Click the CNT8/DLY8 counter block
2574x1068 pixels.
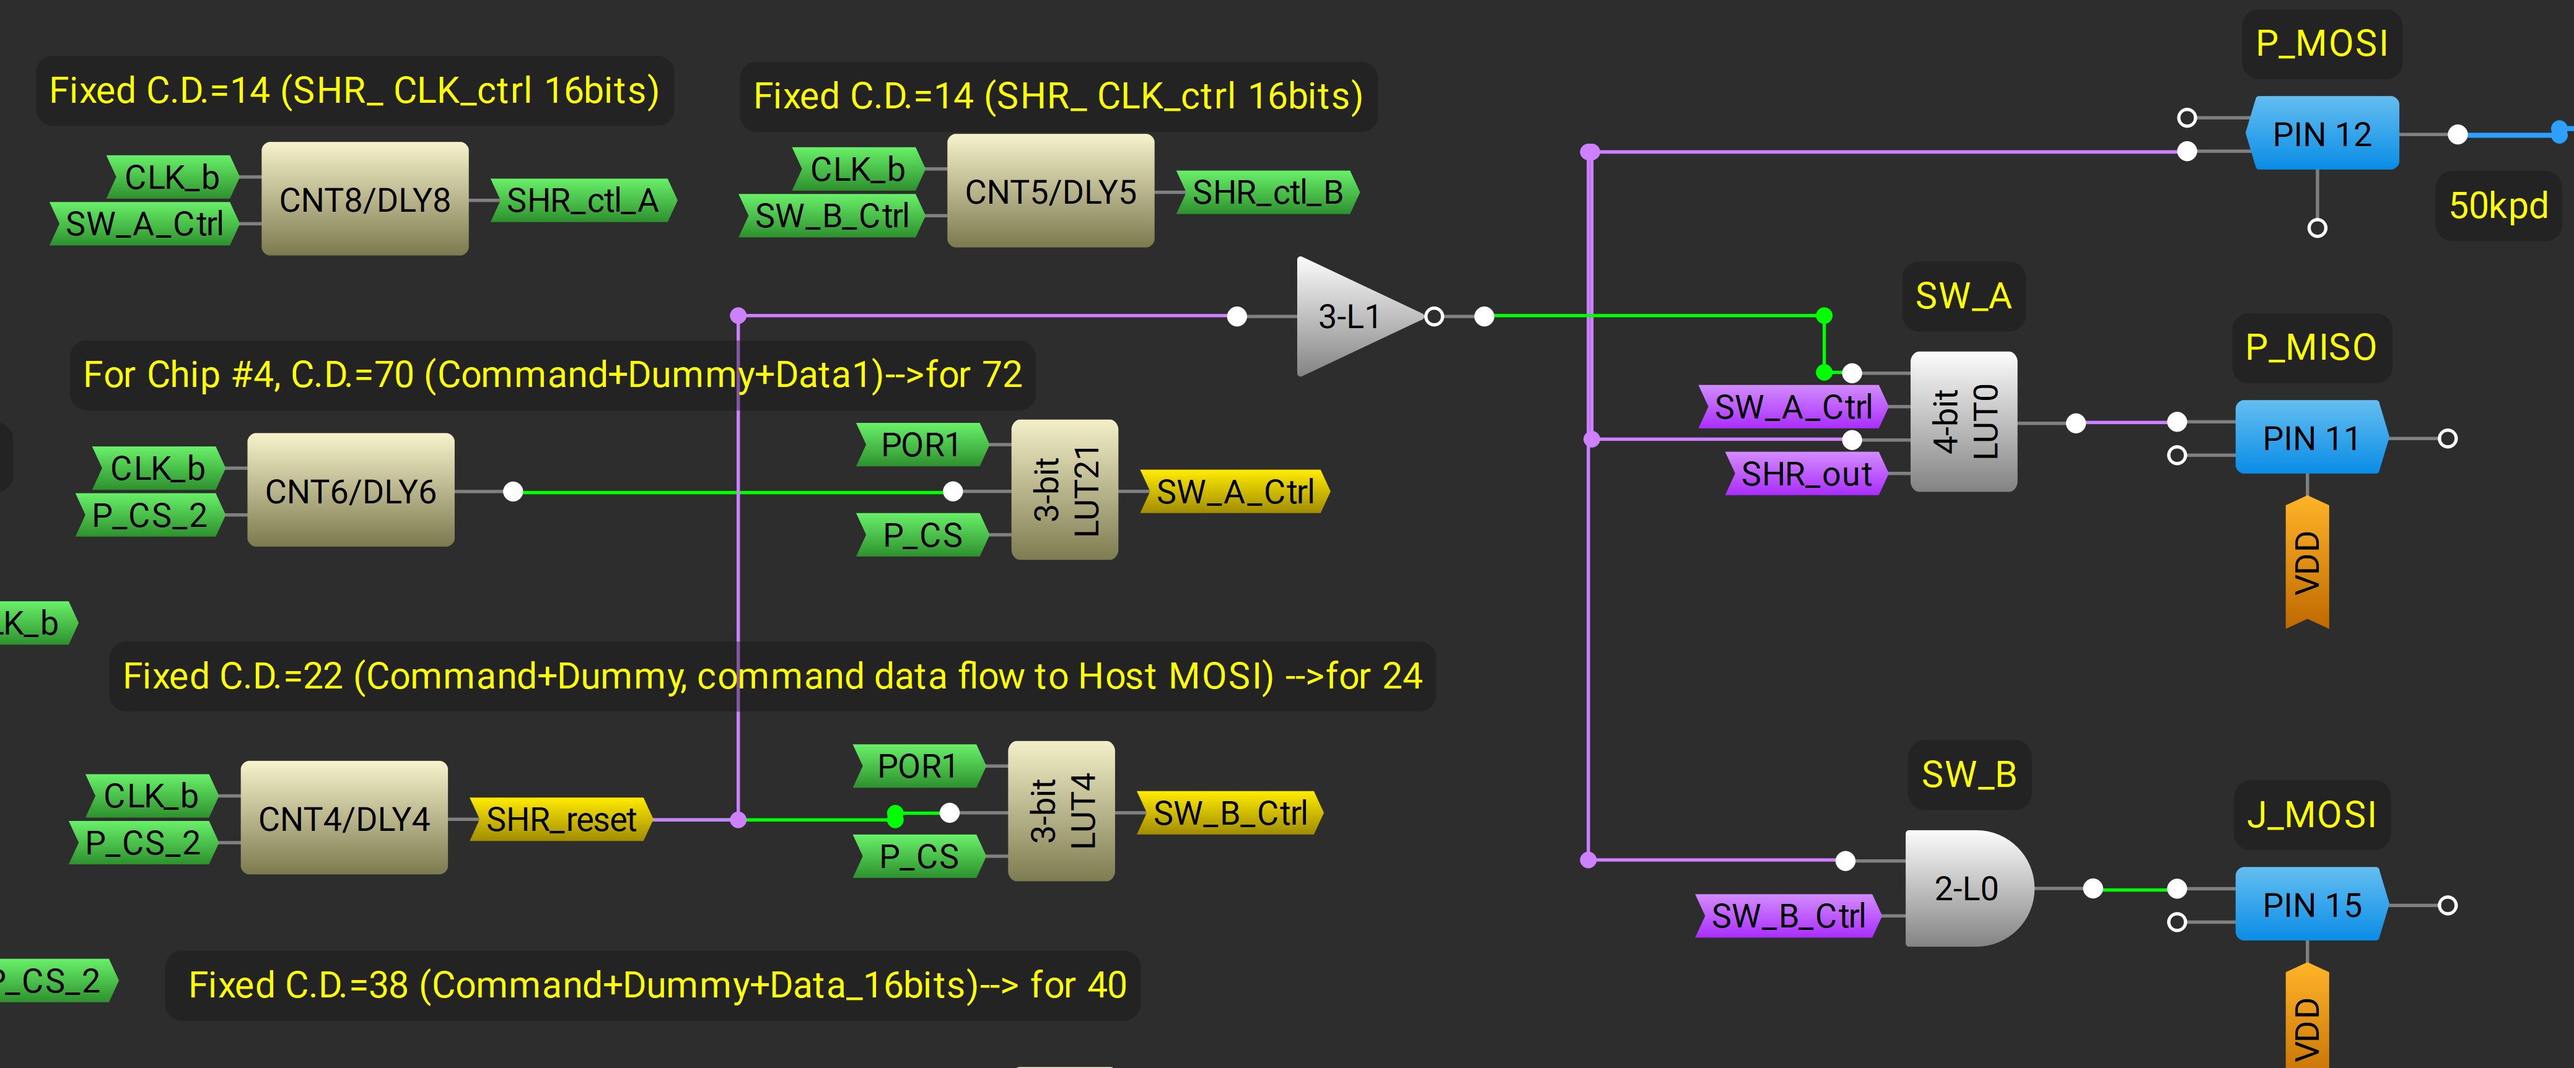[365, 199]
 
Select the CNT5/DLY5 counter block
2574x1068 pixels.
[1050, 191]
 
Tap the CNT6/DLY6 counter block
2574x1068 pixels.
[351, 490]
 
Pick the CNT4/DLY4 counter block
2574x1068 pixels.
[344, 818]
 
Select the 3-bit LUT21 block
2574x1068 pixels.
[1064, 490]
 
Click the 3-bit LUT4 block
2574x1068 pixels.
[1061, 811]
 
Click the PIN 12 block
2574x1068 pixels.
[2321, 134]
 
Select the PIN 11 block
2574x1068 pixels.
[2310, 438]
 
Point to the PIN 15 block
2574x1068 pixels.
[2310, 905]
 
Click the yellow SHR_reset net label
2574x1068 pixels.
[561, 819]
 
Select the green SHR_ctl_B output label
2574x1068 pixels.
[1267, 192]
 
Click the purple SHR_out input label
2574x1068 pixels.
[1806, 474]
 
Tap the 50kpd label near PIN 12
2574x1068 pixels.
[2497, 206]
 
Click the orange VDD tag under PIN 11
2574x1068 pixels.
[2306, 562]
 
